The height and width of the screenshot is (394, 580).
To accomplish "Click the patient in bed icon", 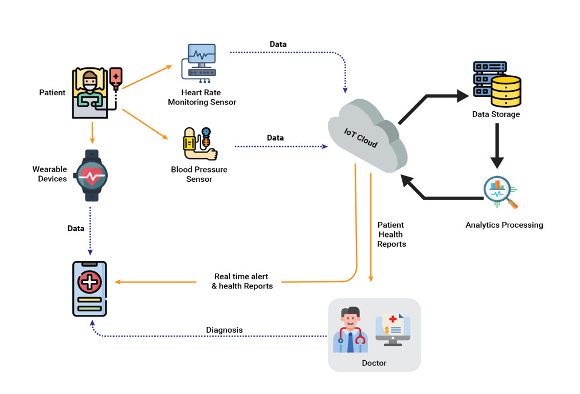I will point(90,93).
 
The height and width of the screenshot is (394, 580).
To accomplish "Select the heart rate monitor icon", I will point(199,61).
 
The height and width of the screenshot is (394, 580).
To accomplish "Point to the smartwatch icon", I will point(92,175).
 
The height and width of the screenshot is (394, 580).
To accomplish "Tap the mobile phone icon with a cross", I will point(90,288).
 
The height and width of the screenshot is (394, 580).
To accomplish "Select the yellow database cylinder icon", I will point(506,91).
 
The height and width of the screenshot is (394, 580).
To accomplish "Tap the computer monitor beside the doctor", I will point(393,330).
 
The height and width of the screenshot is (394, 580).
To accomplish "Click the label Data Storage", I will point(496,114).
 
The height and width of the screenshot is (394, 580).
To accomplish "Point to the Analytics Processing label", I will point(504,225).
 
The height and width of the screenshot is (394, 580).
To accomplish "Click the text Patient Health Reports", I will point(391,234).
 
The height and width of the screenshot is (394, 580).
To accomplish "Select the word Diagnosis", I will point(224,330).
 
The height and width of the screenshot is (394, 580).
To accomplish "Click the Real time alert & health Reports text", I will point(241,281).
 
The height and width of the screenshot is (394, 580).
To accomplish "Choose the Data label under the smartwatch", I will point(76,228).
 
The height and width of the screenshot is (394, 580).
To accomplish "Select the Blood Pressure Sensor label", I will point(199,174).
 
